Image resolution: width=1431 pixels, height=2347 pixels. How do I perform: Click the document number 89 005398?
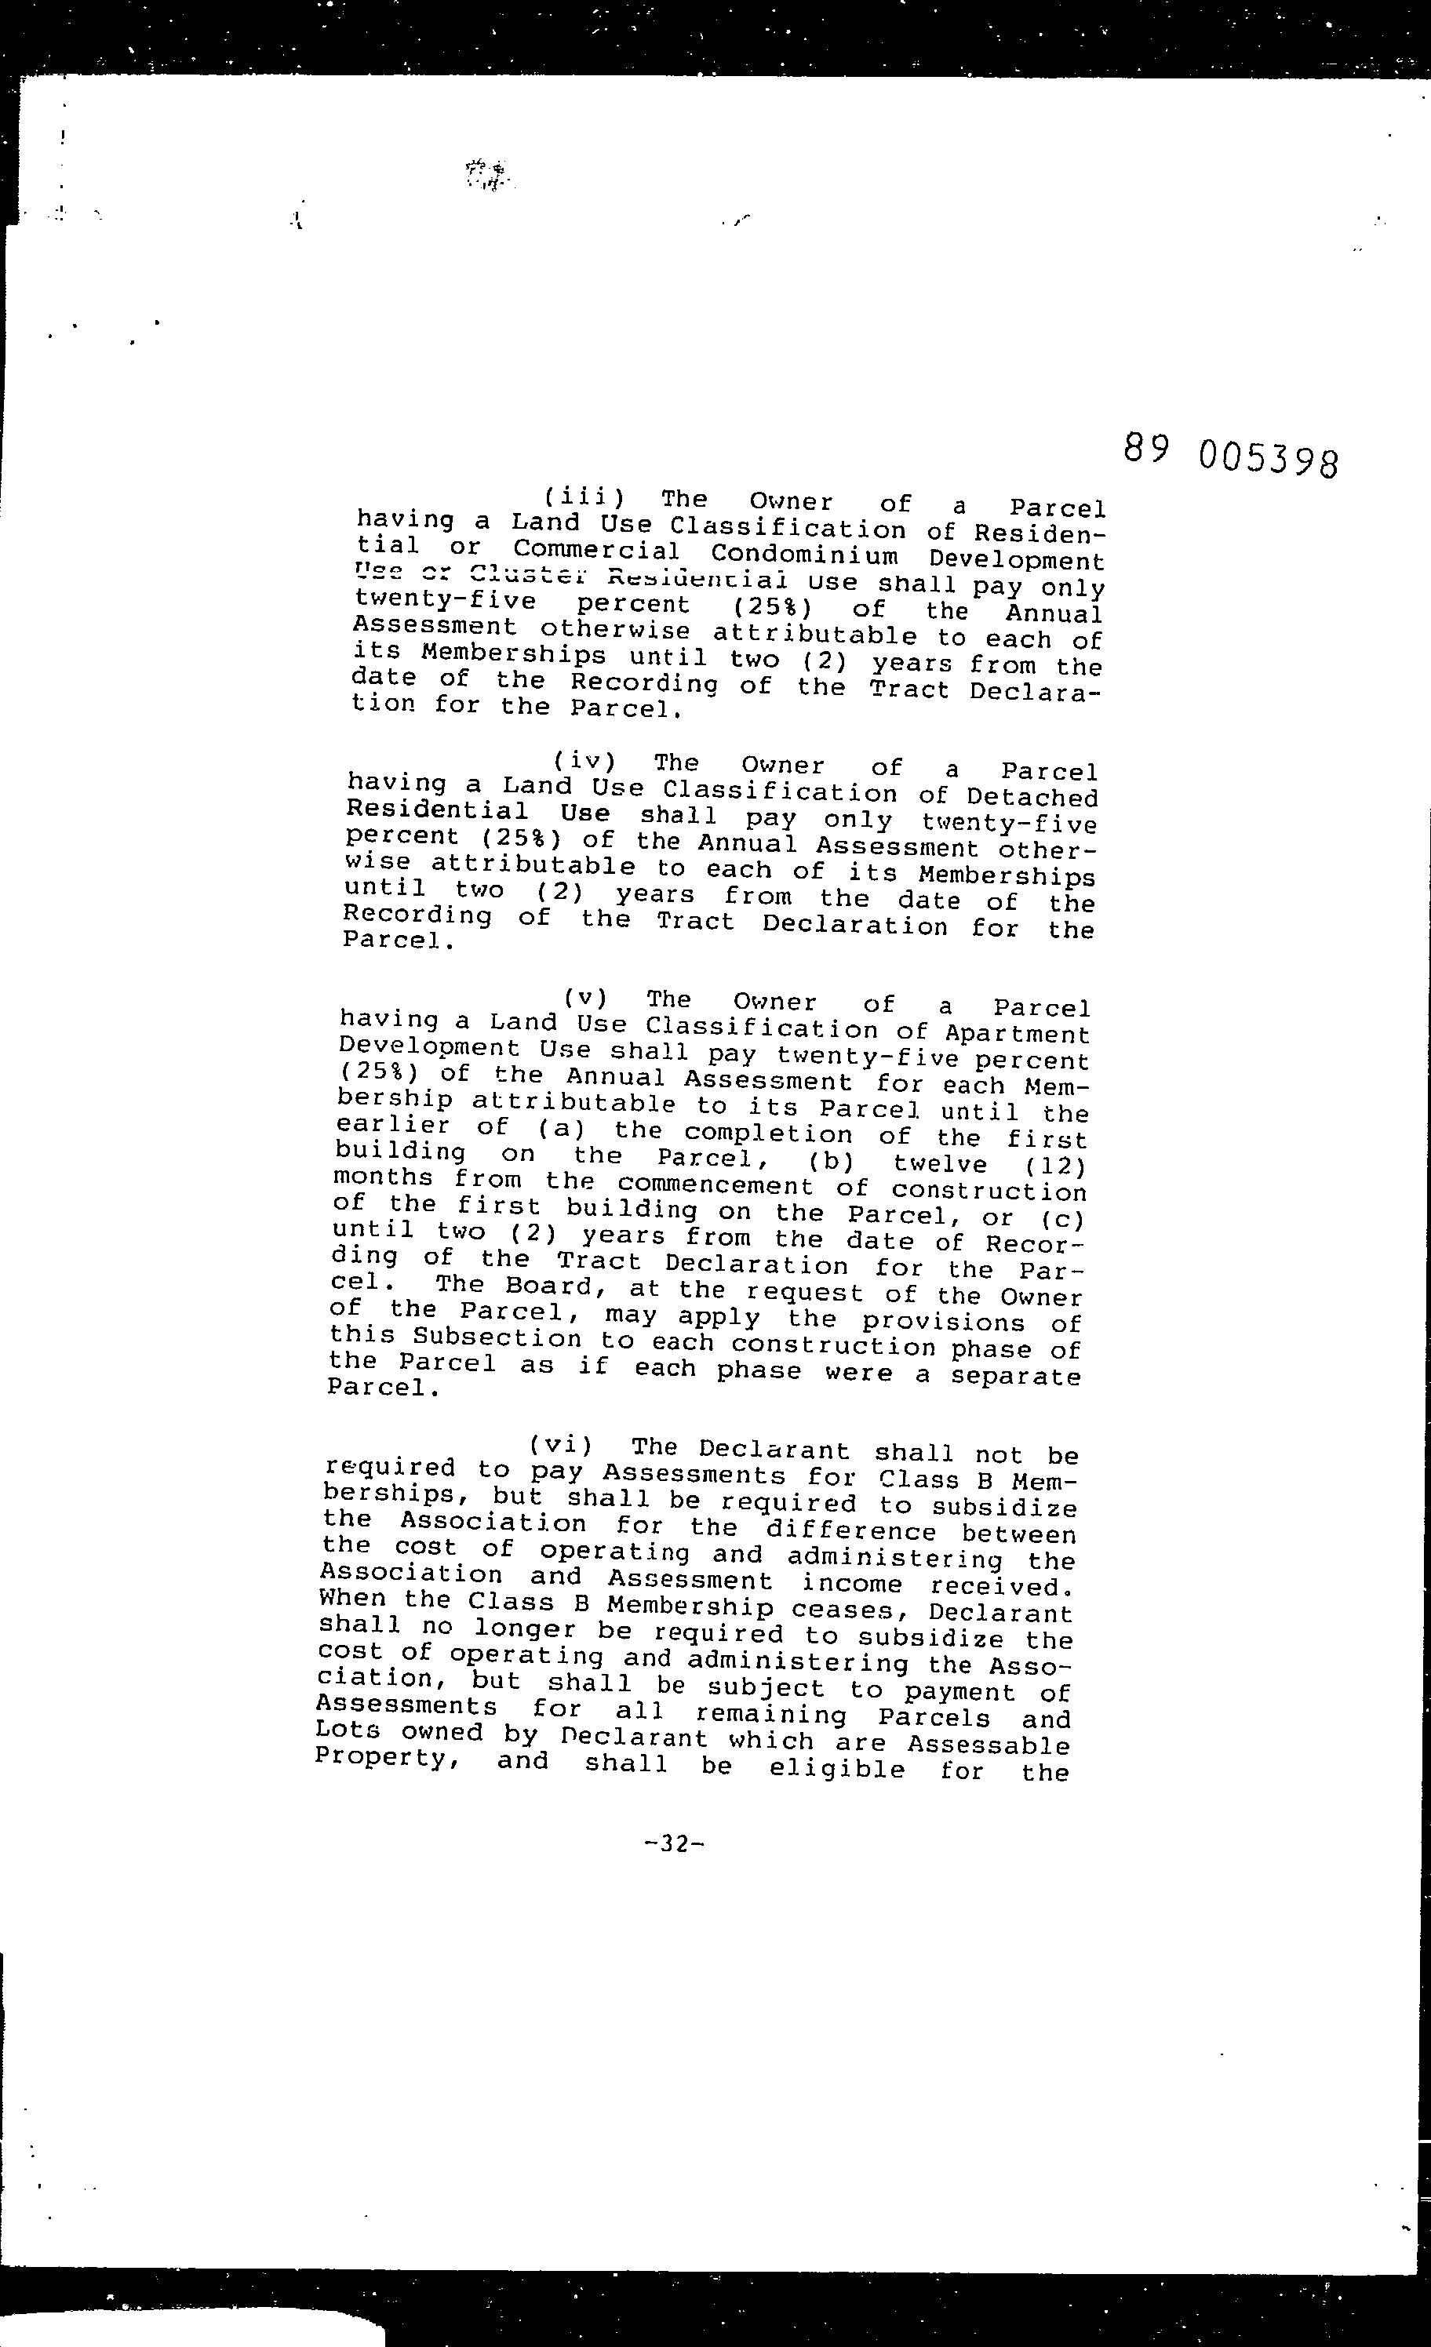point(1230,454)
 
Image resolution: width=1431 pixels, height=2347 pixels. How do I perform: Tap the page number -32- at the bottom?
point(674,1843)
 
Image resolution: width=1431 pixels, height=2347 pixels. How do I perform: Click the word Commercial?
point(596,550)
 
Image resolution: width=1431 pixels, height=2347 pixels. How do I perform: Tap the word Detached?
point(1032,796)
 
